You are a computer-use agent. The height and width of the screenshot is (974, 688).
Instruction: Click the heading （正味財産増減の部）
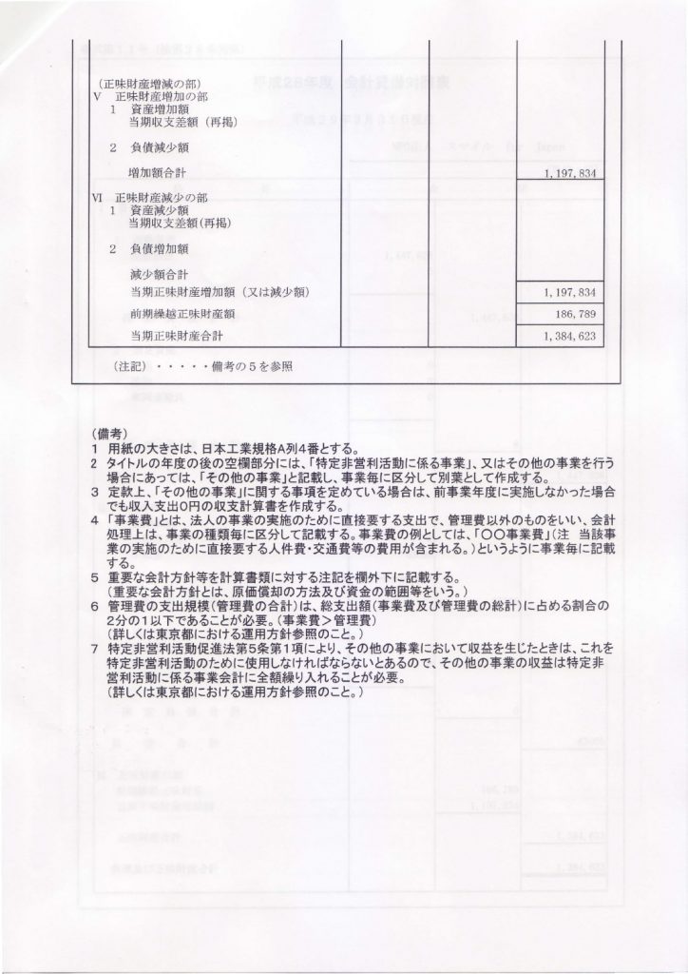pyautogui.click(x=143, y=84)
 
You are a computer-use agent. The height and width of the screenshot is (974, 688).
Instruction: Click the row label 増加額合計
pyautogui.click(x=159, y=173)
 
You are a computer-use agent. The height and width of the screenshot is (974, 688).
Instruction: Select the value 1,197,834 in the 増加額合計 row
pyautogui.click(x=571, y=174)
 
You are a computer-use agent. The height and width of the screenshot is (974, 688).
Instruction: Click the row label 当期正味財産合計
pyautogui.click(x=178, y=337)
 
